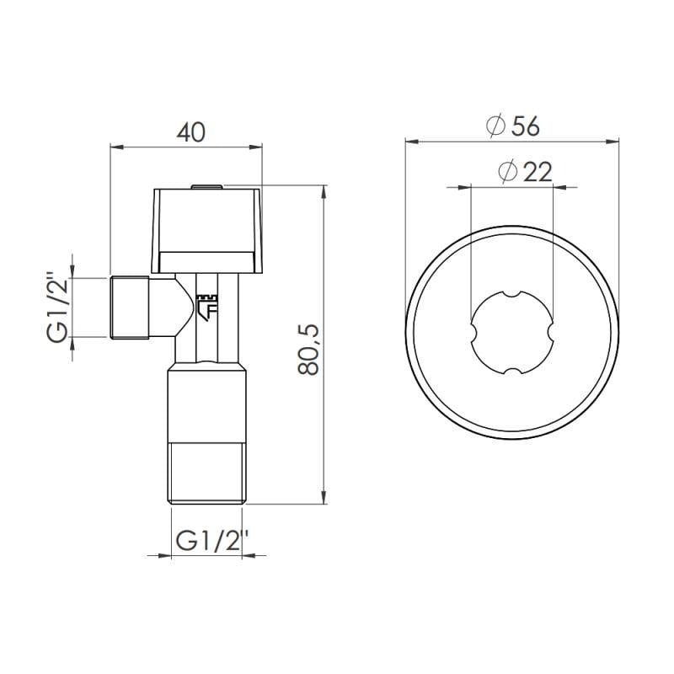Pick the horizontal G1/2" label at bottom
pos(207,541)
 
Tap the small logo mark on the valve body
pos(206,306)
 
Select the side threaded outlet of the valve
pos(131,307)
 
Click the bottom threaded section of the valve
pos(206,472)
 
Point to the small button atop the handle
pos(206,187)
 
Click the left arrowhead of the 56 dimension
pos(410,140)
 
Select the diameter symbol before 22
pos(507,172)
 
